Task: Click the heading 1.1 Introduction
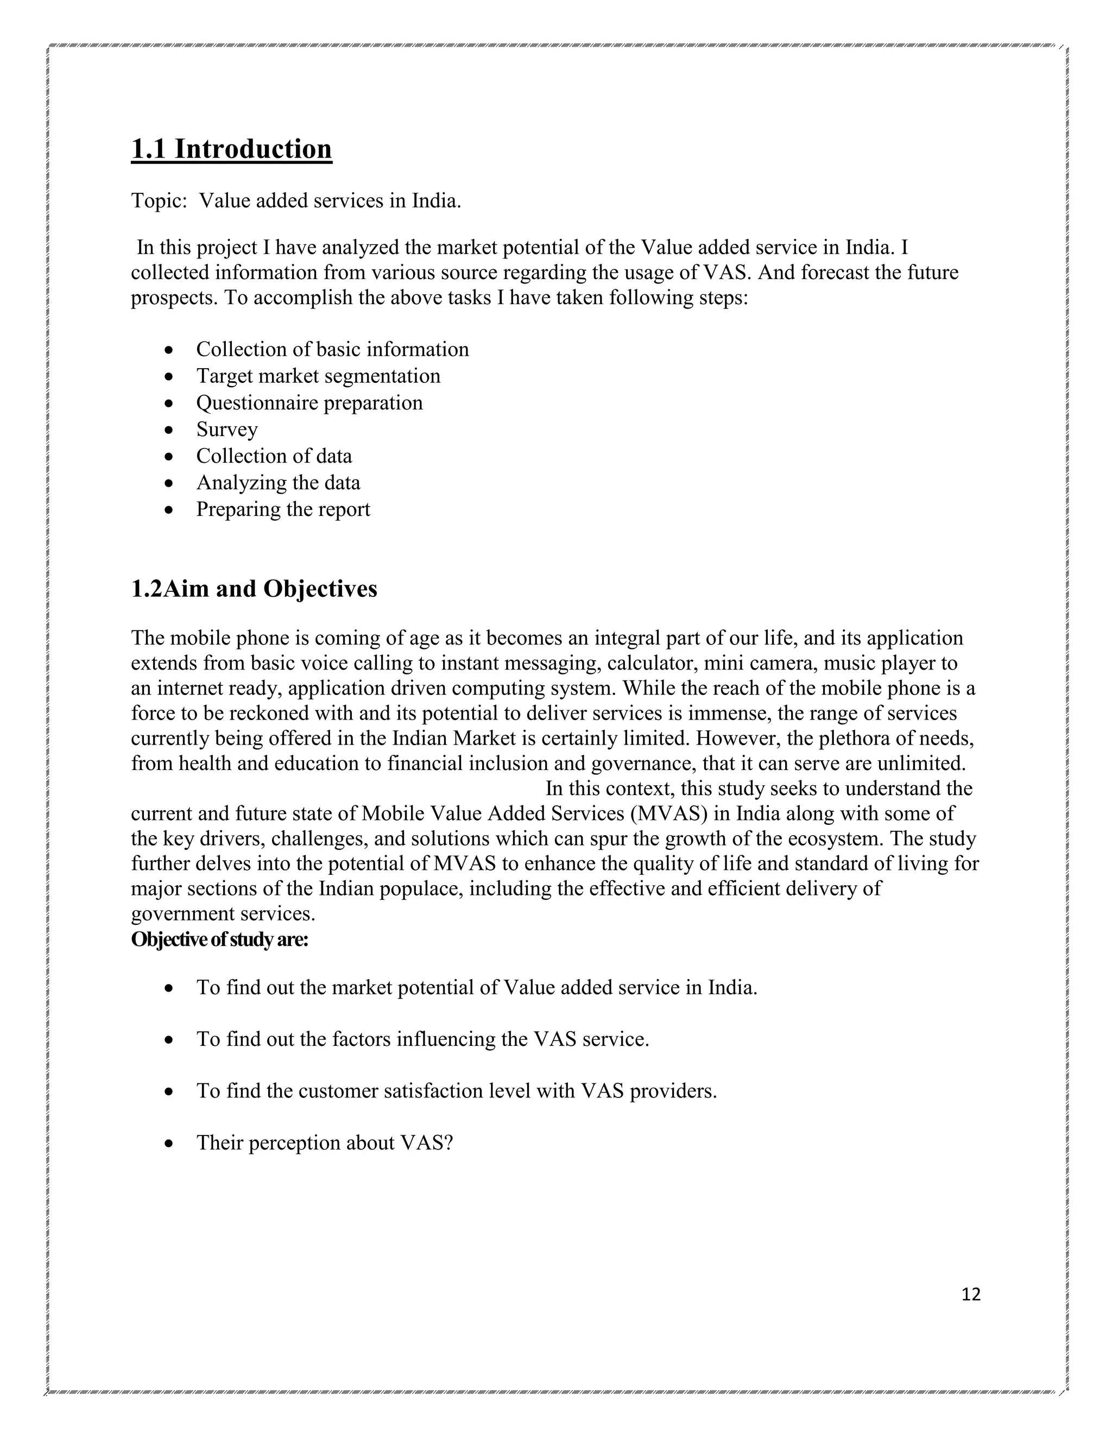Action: (231, 149)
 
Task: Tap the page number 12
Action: (971, 1295)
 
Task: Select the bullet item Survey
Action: (226, 430)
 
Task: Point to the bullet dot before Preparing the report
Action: (170, 510)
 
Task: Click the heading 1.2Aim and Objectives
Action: (254, 589)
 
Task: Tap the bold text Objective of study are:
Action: (219, 939)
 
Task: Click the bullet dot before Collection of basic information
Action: (170, 350)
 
